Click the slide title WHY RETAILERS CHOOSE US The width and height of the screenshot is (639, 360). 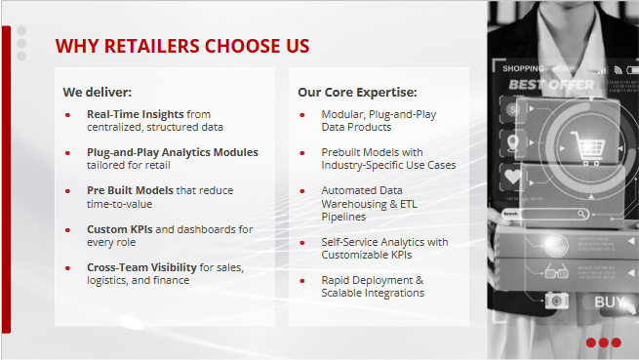pos(182,46)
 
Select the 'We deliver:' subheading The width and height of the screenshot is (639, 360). pos(98,93)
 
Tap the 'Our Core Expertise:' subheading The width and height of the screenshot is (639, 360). pos(357,93)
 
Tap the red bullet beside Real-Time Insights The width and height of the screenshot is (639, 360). pos(67,115)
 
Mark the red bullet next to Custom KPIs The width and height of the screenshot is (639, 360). pos(67,229)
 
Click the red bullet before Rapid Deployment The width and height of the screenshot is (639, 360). pos(301,281)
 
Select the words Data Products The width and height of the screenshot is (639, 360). pos(356,127)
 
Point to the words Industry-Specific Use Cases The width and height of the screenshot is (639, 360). pos(388,165)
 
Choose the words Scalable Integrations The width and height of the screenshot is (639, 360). pos(373,293)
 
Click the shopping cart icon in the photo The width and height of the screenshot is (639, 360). pos(590,148)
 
